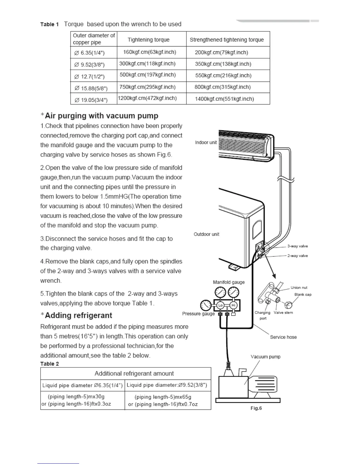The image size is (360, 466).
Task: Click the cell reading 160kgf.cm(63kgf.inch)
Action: [x=150, y=52]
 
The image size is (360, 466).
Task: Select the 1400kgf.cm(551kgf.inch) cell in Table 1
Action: [x=224, y=99]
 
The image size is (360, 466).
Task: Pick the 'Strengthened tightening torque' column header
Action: [x=226, y=40]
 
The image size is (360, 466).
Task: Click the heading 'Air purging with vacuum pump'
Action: [x=101, y=116]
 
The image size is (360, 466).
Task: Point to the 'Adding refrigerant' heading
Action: [x=78, y=315]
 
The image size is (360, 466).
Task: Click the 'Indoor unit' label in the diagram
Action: [x=206, y=142]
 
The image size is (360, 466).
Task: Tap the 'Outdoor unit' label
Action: [x=206, y=234]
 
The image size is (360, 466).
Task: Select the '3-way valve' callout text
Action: [x=297, y=246]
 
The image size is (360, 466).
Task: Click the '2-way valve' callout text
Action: [x=297, y=256]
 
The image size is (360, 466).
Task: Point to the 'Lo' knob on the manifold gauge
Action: [x=220, y=305]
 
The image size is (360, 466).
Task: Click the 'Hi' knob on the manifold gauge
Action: [x=234, y=305]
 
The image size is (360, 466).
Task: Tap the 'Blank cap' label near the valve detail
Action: [x=303, y=294]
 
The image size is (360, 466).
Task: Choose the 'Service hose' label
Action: [x=283, y=337]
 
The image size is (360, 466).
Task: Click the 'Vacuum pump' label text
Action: [x=265, y=357]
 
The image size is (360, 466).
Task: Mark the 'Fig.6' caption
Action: [x=256, y=408]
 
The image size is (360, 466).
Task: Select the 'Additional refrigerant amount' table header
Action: [x=134, y=373]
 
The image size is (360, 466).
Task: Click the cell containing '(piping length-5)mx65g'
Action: [x=163, y=397]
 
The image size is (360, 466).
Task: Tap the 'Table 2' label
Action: [x=49, y=364]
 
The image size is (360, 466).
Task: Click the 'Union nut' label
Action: [x=299, y=287]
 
